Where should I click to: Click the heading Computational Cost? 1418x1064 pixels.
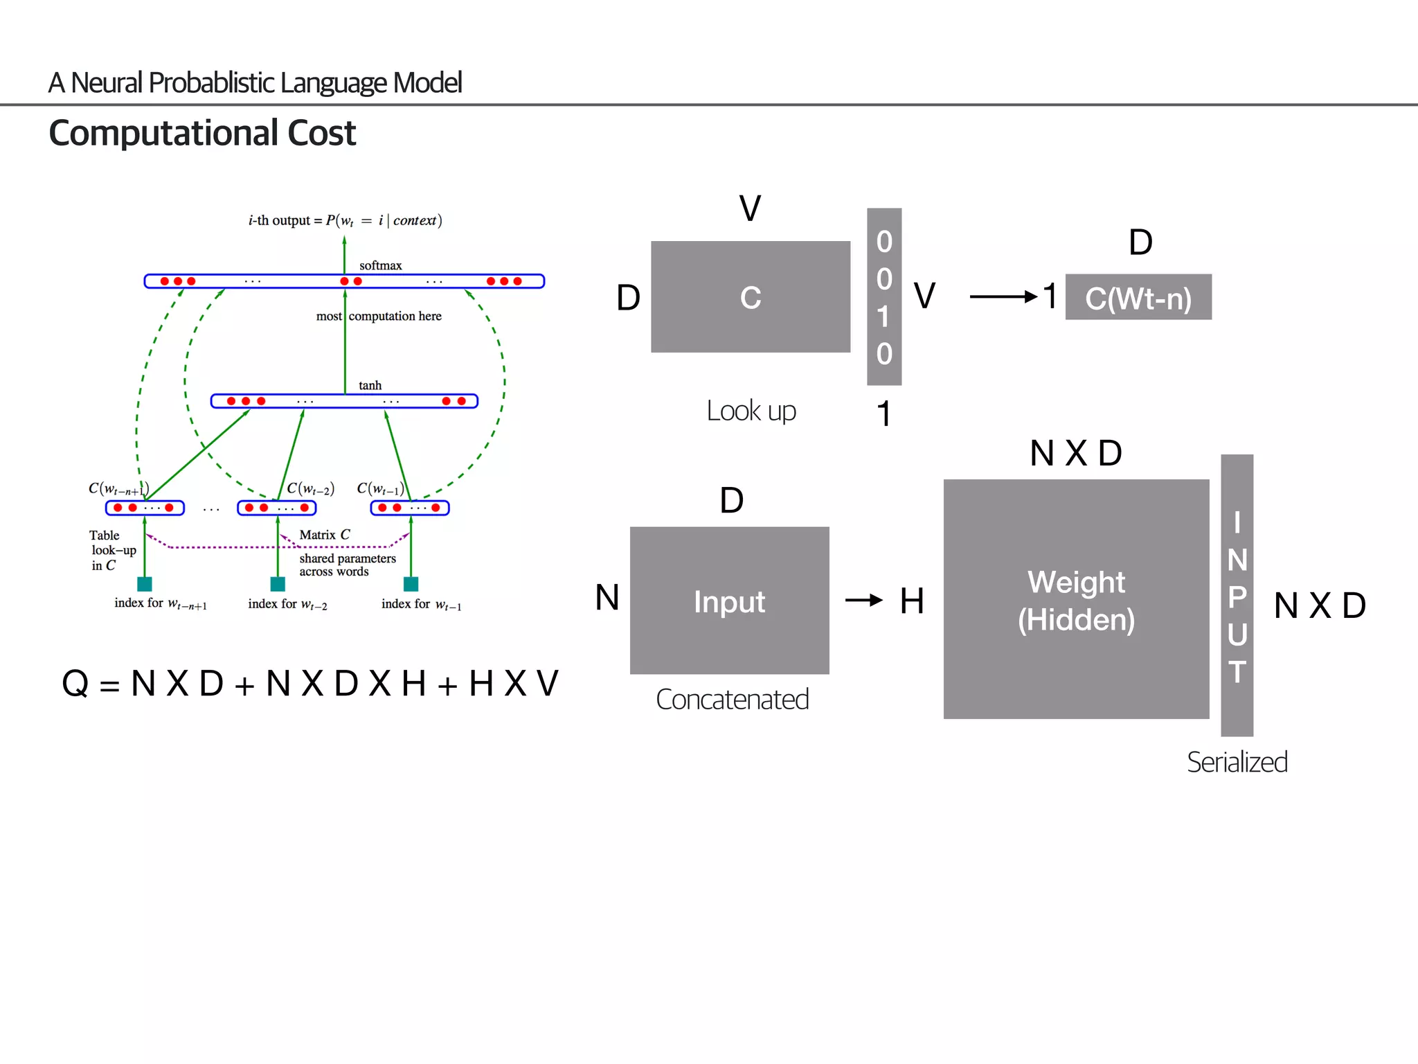click(x=201, y=133)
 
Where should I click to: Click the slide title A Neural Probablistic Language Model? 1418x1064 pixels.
click(x=254, y=83)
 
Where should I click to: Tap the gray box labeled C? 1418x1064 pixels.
click(x=750, y=297)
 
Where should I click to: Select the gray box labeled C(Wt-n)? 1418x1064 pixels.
click(x=1138, y=297)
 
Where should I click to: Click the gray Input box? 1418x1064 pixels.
click(x=729, y=601)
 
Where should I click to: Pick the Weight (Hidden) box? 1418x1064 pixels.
click(x=1075, y=600)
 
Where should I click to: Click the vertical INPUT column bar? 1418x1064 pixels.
click(x=1237, y=596)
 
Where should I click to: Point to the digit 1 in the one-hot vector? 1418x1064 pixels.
click(x=883, y=317)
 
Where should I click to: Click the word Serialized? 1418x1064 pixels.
click(x=1237, y=762)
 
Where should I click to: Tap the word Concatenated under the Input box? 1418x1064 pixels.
click(x=732, y=700)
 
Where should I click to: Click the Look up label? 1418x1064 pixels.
click(x=751, y=411)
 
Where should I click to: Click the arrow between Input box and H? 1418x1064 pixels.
click(x=863, y=600)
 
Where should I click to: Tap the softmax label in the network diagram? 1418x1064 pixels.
click(x=380, y=265)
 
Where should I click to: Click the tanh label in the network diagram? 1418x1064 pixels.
click(x=370, y=385)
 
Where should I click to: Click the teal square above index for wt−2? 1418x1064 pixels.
click(x=278, y=584)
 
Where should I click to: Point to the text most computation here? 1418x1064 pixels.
click(x=379, y=316)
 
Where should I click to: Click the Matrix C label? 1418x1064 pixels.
click(x=324, y=535)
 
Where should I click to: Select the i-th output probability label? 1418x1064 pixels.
click(x=345, y=220)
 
